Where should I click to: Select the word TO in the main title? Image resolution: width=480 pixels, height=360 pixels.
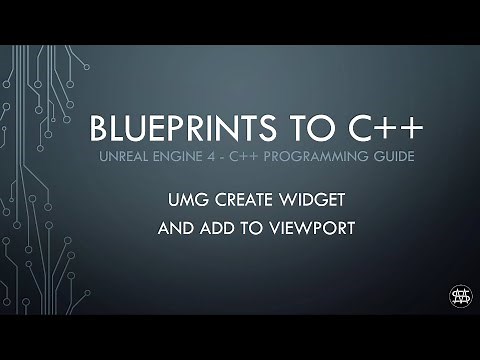tap(291, 129)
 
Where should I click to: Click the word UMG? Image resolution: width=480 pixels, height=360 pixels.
tap(186, 199)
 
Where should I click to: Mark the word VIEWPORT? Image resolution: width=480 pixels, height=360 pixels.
tap(299, 228)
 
